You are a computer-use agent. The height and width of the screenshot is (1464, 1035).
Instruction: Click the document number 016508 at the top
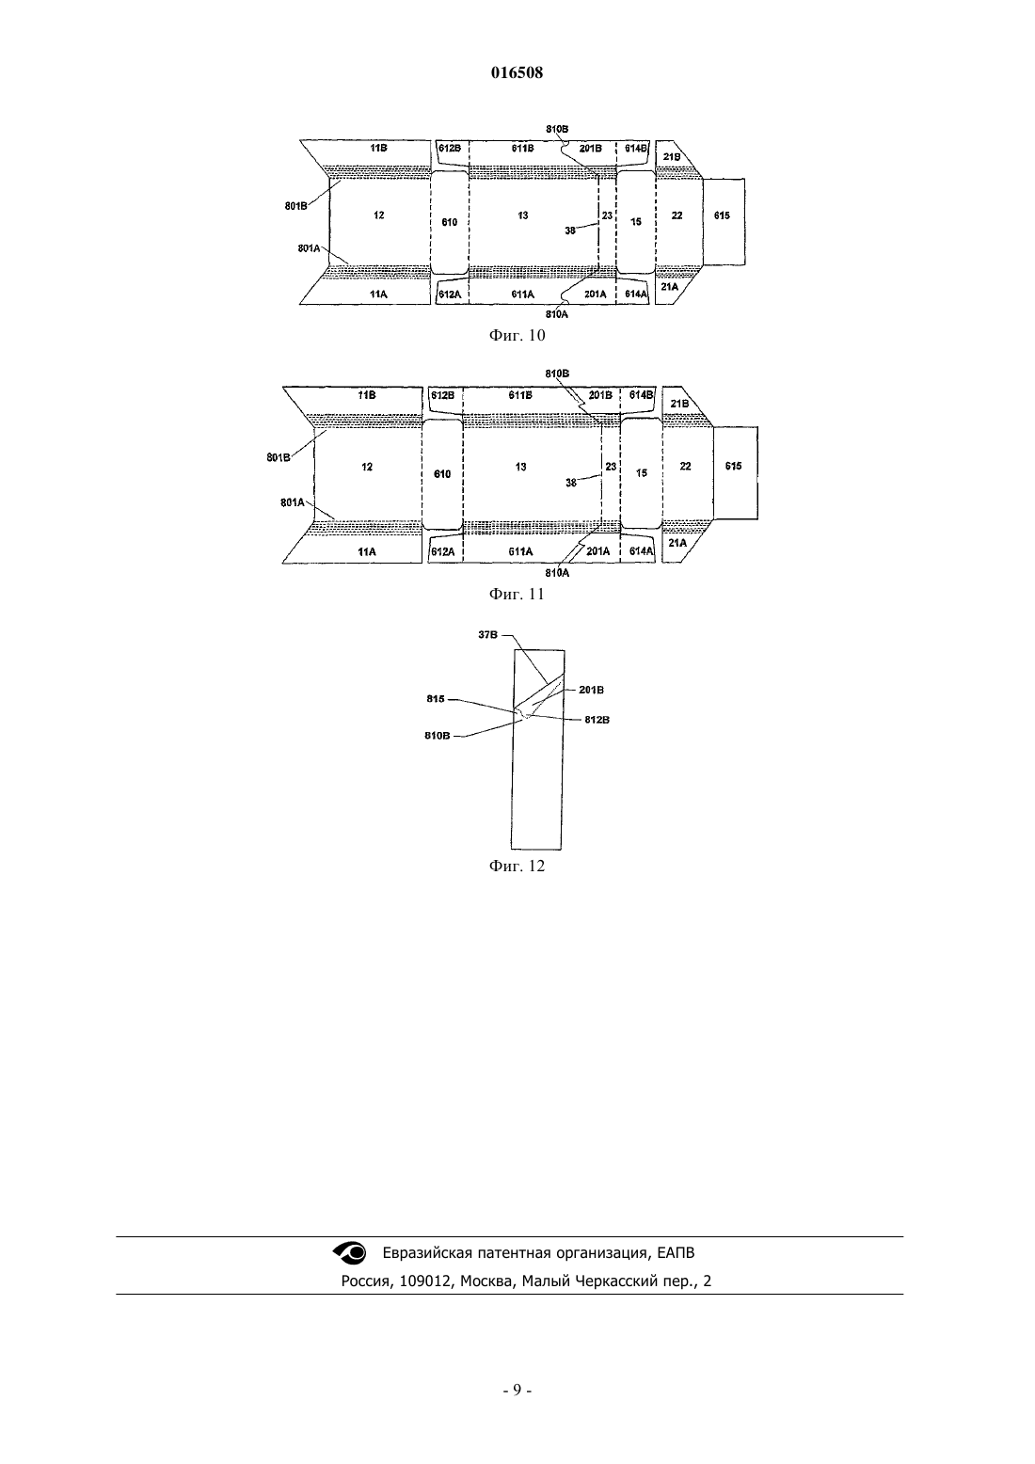point(517,72)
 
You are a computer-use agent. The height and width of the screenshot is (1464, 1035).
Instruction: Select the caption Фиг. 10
point(517,335)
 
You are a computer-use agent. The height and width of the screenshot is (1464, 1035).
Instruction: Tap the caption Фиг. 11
point(517,594)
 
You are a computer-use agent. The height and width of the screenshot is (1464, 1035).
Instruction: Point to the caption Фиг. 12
point(517,866)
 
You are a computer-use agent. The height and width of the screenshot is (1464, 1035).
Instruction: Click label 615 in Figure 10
point(722,215)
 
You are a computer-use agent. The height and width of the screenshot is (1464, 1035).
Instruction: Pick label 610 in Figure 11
point(442,474)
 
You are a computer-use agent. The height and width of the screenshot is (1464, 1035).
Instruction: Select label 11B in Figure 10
point(378,148)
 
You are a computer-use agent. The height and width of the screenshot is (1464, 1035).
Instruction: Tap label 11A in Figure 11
point(367,551)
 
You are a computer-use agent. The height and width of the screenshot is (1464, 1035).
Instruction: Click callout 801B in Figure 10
point(295,206)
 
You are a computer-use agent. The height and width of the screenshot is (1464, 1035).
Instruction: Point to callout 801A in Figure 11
point(292,502)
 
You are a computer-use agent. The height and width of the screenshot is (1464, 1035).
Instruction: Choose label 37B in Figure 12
point(488,634)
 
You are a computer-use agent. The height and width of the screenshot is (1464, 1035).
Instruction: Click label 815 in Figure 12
point(435,699)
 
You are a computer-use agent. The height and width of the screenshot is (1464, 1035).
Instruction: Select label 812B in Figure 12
point(597,720)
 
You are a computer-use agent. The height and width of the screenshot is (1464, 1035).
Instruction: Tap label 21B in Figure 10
point(672,157)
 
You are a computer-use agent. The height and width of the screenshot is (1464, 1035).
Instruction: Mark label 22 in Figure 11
point(685,466)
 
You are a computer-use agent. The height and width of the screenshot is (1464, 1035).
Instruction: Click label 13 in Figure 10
point(523,215)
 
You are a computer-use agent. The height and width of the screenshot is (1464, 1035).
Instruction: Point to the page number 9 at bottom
point(517,1390)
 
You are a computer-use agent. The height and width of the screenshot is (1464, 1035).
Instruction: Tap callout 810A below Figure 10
point(557,314)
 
